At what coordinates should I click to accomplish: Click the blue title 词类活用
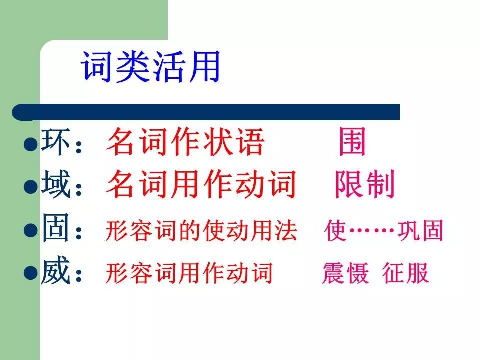point(150,66)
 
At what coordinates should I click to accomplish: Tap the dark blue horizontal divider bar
point(206,112)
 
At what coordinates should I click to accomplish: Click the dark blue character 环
point(55,141)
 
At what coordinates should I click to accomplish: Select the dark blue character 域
point(56,184)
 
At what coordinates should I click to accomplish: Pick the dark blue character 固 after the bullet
point(55,228)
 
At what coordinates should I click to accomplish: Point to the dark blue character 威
point(56,271)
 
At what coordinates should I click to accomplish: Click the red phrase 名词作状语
point(185,141)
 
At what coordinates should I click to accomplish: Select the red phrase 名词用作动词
point(201,184)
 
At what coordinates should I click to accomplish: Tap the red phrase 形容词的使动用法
point(201,230)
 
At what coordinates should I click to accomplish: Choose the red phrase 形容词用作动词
point(189,273)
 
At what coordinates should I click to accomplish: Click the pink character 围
point(352,141)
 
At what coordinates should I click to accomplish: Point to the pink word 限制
point(365,184)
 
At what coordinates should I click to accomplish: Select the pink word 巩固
point(420,230)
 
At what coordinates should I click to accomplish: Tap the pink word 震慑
point(345,273)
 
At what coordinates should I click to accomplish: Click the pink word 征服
point(405,273)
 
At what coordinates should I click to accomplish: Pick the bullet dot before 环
point(31,144)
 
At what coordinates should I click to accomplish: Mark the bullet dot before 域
point(31,187)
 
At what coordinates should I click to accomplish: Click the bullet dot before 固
point(31,230)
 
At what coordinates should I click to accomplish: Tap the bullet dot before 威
point(31,273)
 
